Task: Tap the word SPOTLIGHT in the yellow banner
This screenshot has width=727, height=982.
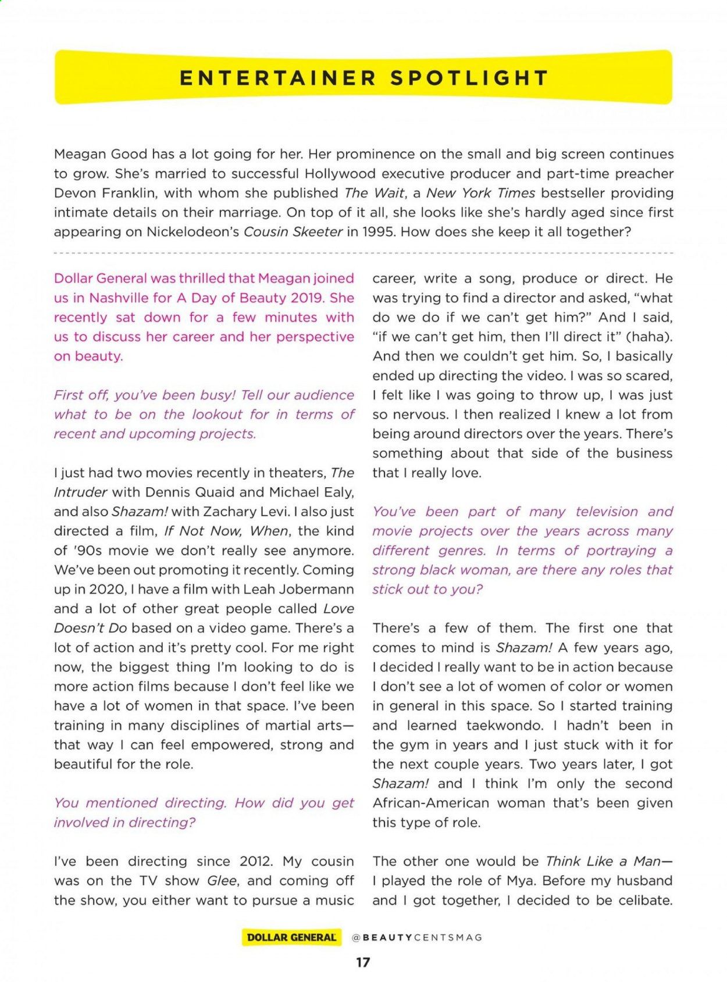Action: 469,78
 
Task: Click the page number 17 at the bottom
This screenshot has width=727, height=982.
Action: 363,962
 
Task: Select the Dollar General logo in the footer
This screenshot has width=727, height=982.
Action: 291,937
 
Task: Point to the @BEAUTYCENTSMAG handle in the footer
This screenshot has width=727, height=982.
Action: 417,937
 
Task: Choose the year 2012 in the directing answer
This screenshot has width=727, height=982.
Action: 255,861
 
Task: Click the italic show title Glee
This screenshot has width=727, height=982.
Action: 222,880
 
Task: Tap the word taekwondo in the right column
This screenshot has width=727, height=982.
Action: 504,725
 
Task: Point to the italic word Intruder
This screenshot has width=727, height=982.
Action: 80,492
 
